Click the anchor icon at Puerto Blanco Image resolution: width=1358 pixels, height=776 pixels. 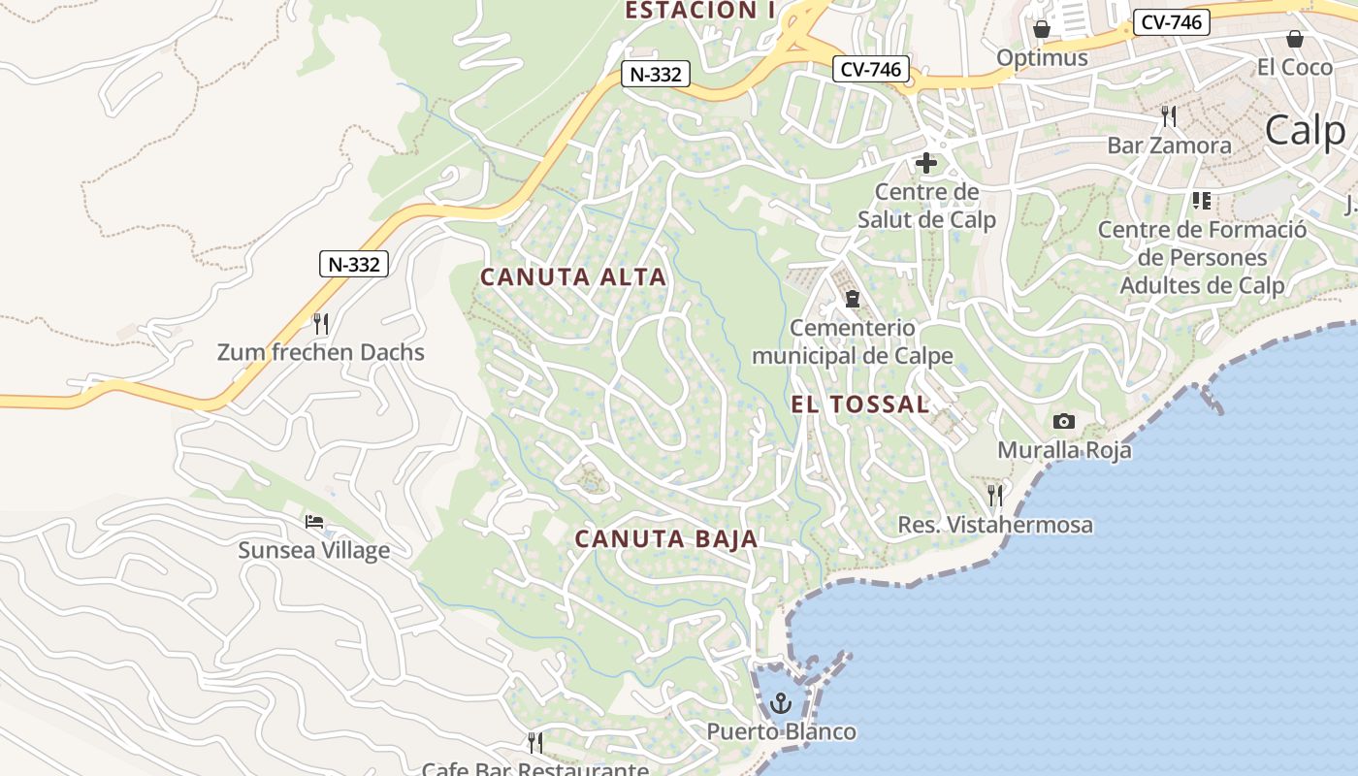(781, 701)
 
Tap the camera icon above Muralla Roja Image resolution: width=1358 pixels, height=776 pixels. (1064, 421)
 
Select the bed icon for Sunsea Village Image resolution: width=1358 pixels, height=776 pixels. (314, 522)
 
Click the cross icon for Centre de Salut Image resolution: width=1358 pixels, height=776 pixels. (926, 163)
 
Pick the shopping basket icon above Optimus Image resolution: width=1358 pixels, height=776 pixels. (1042, 29)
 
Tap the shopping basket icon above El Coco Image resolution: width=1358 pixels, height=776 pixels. (1294, 39)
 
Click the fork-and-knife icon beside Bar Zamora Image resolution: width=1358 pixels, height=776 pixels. (1169, 116)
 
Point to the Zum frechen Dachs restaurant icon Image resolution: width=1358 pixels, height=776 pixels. (321, 323)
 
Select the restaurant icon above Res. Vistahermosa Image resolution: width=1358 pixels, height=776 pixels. (995, 496)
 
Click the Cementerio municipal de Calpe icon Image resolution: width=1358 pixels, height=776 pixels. (852, 298)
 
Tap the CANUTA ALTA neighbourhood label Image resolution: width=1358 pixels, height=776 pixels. (573, 277)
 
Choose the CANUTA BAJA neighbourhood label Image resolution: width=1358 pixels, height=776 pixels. (665, 539)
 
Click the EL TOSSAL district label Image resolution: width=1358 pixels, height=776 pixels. (860, 404)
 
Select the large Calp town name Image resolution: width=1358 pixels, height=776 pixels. (1306, 130)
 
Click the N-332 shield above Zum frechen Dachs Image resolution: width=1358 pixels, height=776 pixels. (354, 264)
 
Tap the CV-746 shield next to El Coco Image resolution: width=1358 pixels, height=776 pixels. (1172, 22)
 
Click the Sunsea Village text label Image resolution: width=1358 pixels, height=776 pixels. (314, 551)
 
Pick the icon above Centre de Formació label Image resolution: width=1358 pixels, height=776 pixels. (1202, 201)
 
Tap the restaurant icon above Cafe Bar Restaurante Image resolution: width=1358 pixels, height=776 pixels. (534, 743)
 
